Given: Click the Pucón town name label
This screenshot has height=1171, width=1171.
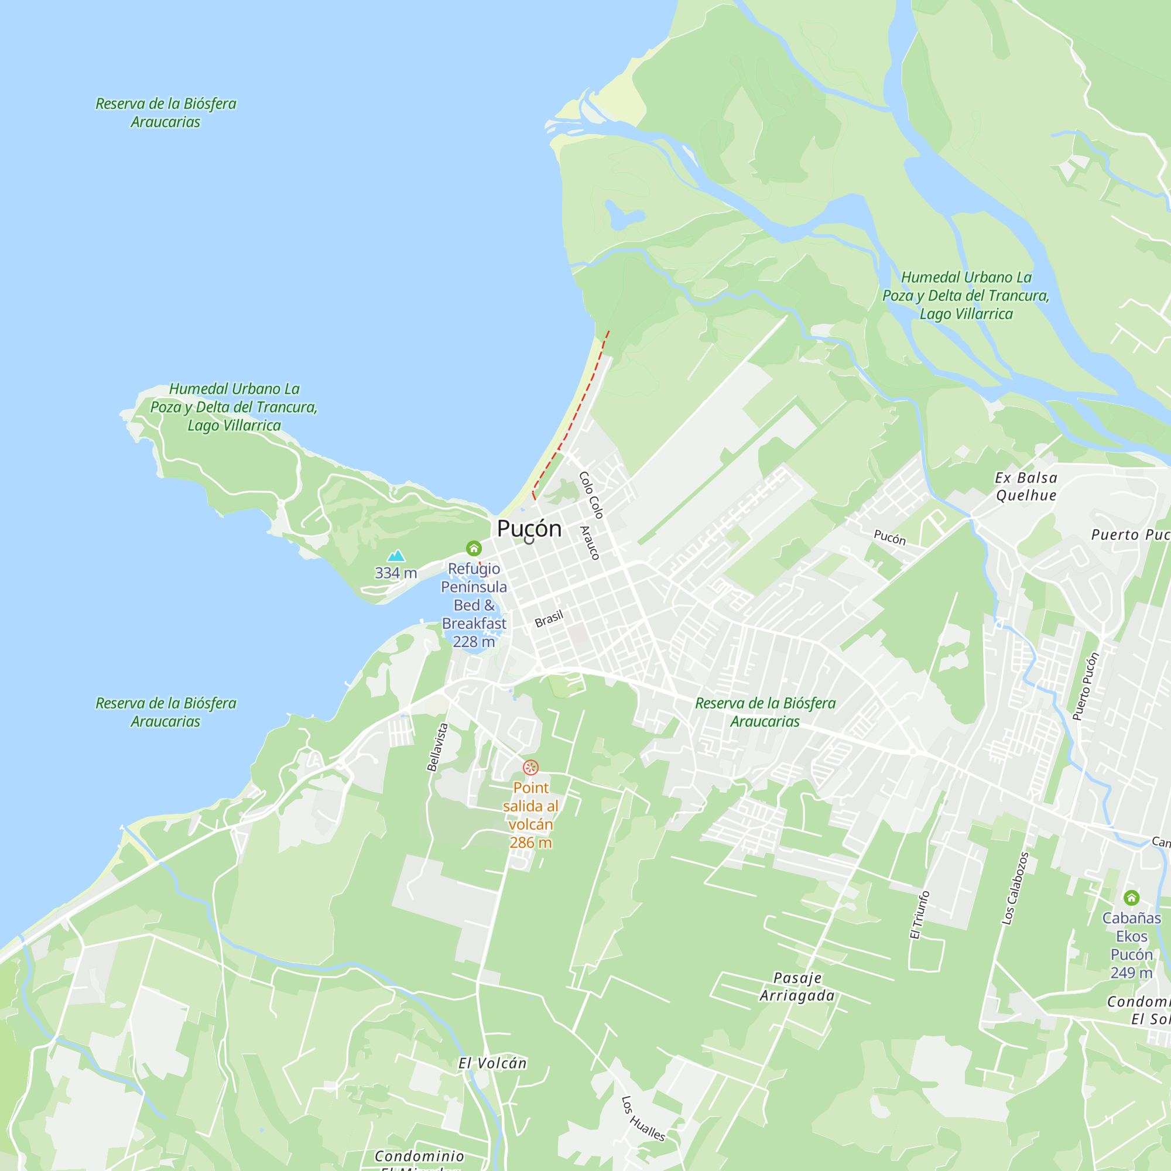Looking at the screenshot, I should tap(529, 529).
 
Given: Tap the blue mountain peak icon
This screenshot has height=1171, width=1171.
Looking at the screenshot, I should tap(396, 555).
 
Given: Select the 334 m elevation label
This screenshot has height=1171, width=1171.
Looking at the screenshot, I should tap(396, 573).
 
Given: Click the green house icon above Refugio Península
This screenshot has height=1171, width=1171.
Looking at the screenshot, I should tap(474, 549).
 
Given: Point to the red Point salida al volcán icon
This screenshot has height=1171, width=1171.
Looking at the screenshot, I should tap(530, 768).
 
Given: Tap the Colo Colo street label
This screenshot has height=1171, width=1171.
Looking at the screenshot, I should tap(591, 495).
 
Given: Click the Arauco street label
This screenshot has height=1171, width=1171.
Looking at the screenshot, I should tap(590, 543).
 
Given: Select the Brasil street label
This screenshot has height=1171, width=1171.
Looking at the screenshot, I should tap(549, 619).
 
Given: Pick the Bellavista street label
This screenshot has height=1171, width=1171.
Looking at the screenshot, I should tap(437, 747).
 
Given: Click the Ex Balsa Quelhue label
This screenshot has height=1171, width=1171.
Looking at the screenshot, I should tap(1026, 487).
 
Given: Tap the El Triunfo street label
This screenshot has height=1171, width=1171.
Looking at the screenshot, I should tap(919, 915).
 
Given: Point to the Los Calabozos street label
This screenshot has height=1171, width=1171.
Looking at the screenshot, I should tap(1015, 888).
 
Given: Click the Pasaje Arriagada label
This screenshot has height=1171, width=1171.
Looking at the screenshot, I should tap(797, 987).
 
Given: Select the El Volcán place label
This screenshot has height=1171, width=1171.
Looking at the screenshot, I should tap(492, 1063).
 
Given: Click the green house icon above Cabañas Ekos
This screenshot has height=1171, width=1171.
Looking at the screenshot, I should tap(1131, 897).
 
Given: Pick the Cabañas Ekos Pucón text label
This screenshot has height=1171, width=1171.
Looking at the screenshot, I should tap(1131, 946).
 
